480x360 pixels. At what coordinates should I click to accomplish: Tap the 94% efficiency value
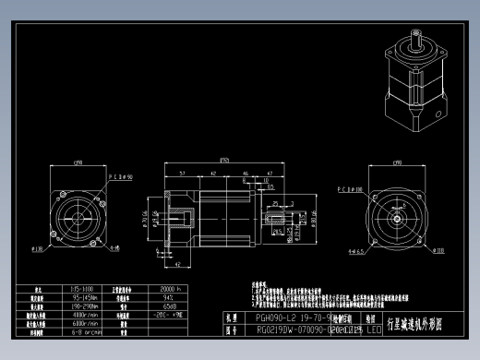click(x=170, y=297)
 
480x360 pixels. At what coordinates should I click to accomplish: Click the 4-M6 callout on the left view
click(x=114, y=248)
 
